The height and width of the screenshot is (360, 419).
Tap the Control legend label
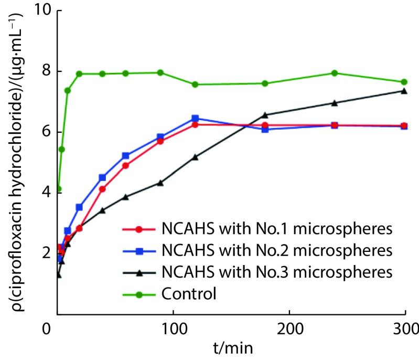coord(189,293)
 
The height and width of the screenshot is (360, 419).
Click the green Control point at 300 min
coord(404,82)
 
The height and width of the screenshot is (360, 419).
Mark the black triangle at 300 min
coord(404,91)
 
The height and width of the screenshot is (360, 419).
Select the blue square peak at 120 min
coord(195,119)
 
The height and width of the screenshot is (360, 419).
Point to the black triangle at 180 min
coord(265,115)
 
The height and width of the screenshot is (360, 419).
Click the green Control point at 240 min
coord(335,73)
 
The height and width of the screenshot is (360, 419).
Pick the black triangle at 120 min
coord(195,157)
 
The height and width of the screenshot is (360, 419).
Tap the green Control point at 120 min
coord(195,84)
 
